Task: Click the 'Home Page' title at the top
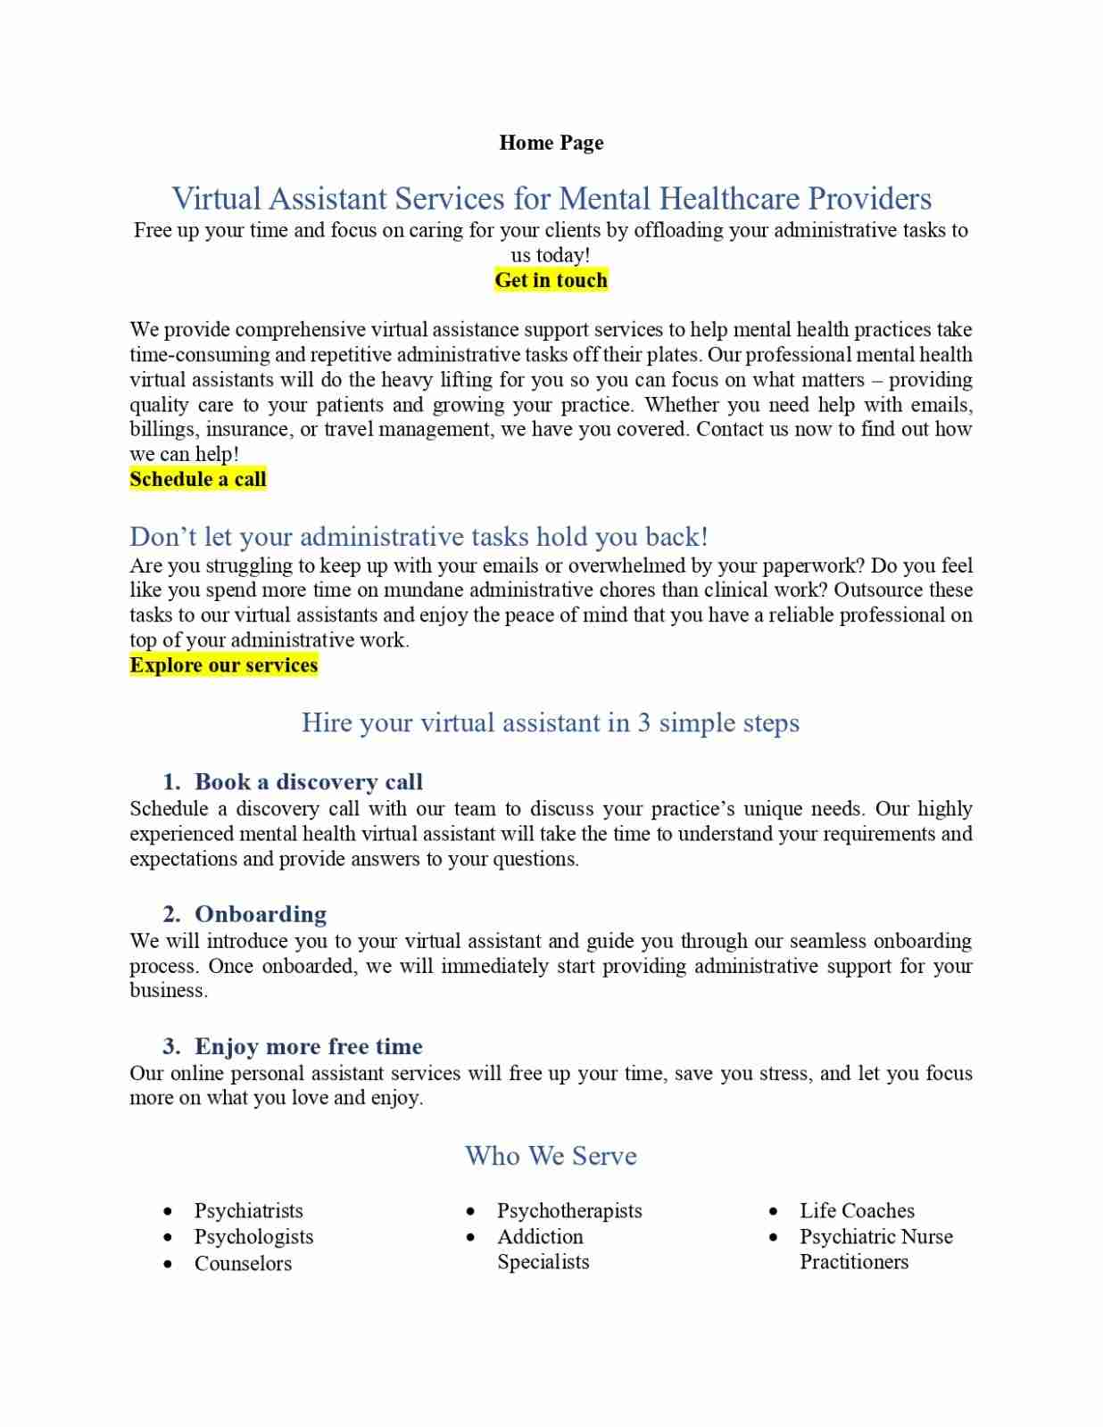coord(551,143)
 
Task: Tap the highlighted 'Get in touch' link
coord(551,280)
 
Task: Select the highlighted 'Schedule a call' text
coord(198,479)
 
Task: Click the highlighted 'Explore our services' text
coord(223,665)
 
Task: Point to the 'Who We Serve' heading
coord(551,1156)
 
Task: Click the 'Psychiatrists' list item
coord(248,1210)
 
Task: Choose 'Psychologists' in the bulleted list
coord(253,1237)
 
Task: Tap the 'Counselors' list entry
coord(243,1263)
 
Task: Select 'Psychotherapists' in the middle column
coord(569,1210)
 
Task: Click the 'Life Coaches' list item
coord(857,1210)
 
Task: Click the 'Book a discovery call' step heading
coord(308,782)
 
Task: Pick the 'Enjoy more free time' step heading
coord(308,1046)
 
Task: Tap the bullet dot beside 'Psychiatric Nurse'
coord(774,1237)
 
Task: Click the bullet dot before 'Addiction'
coord(471,1237)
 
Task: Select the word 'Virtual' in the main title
coord(216,198)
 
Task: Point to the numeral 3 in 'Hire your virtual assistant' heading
coord(643,722)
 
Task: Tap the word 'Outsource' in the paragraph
coord(878,590)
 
